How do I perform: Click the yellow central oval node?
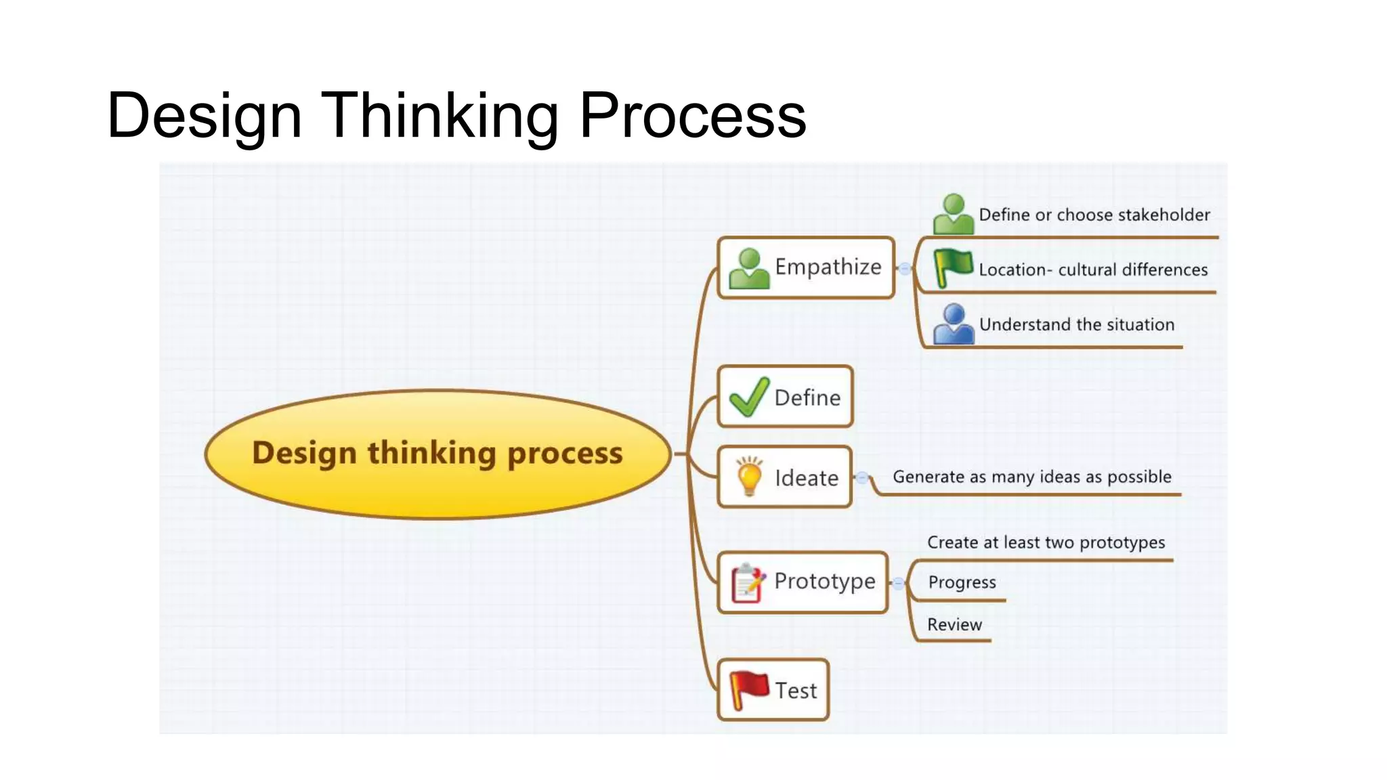pos(438,454)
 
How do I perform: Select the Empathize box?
pos(806,267)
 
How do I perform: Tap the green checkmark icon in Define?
pos(748,397)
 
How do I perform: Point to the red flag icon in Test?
pos(748,690)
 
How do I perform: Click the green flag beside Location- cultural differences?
pos(953,267)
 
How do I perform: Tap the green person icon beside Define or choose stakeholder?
pos(953,214)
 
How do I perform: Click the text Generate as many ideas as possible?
pos(1031,477)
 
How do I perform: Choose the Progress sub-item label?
pos(962,582)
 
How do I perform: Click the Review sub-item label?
pos(954,624)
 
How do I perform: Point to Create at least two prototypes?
pos(1046,542)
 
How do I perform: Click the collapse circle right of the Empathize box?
pos(904,269)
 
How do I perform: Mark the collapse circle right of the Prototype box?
pos(898,583)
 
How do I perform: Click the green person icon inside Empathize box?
pos(748,269)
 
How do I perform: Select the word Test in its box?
pos(796,691)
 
